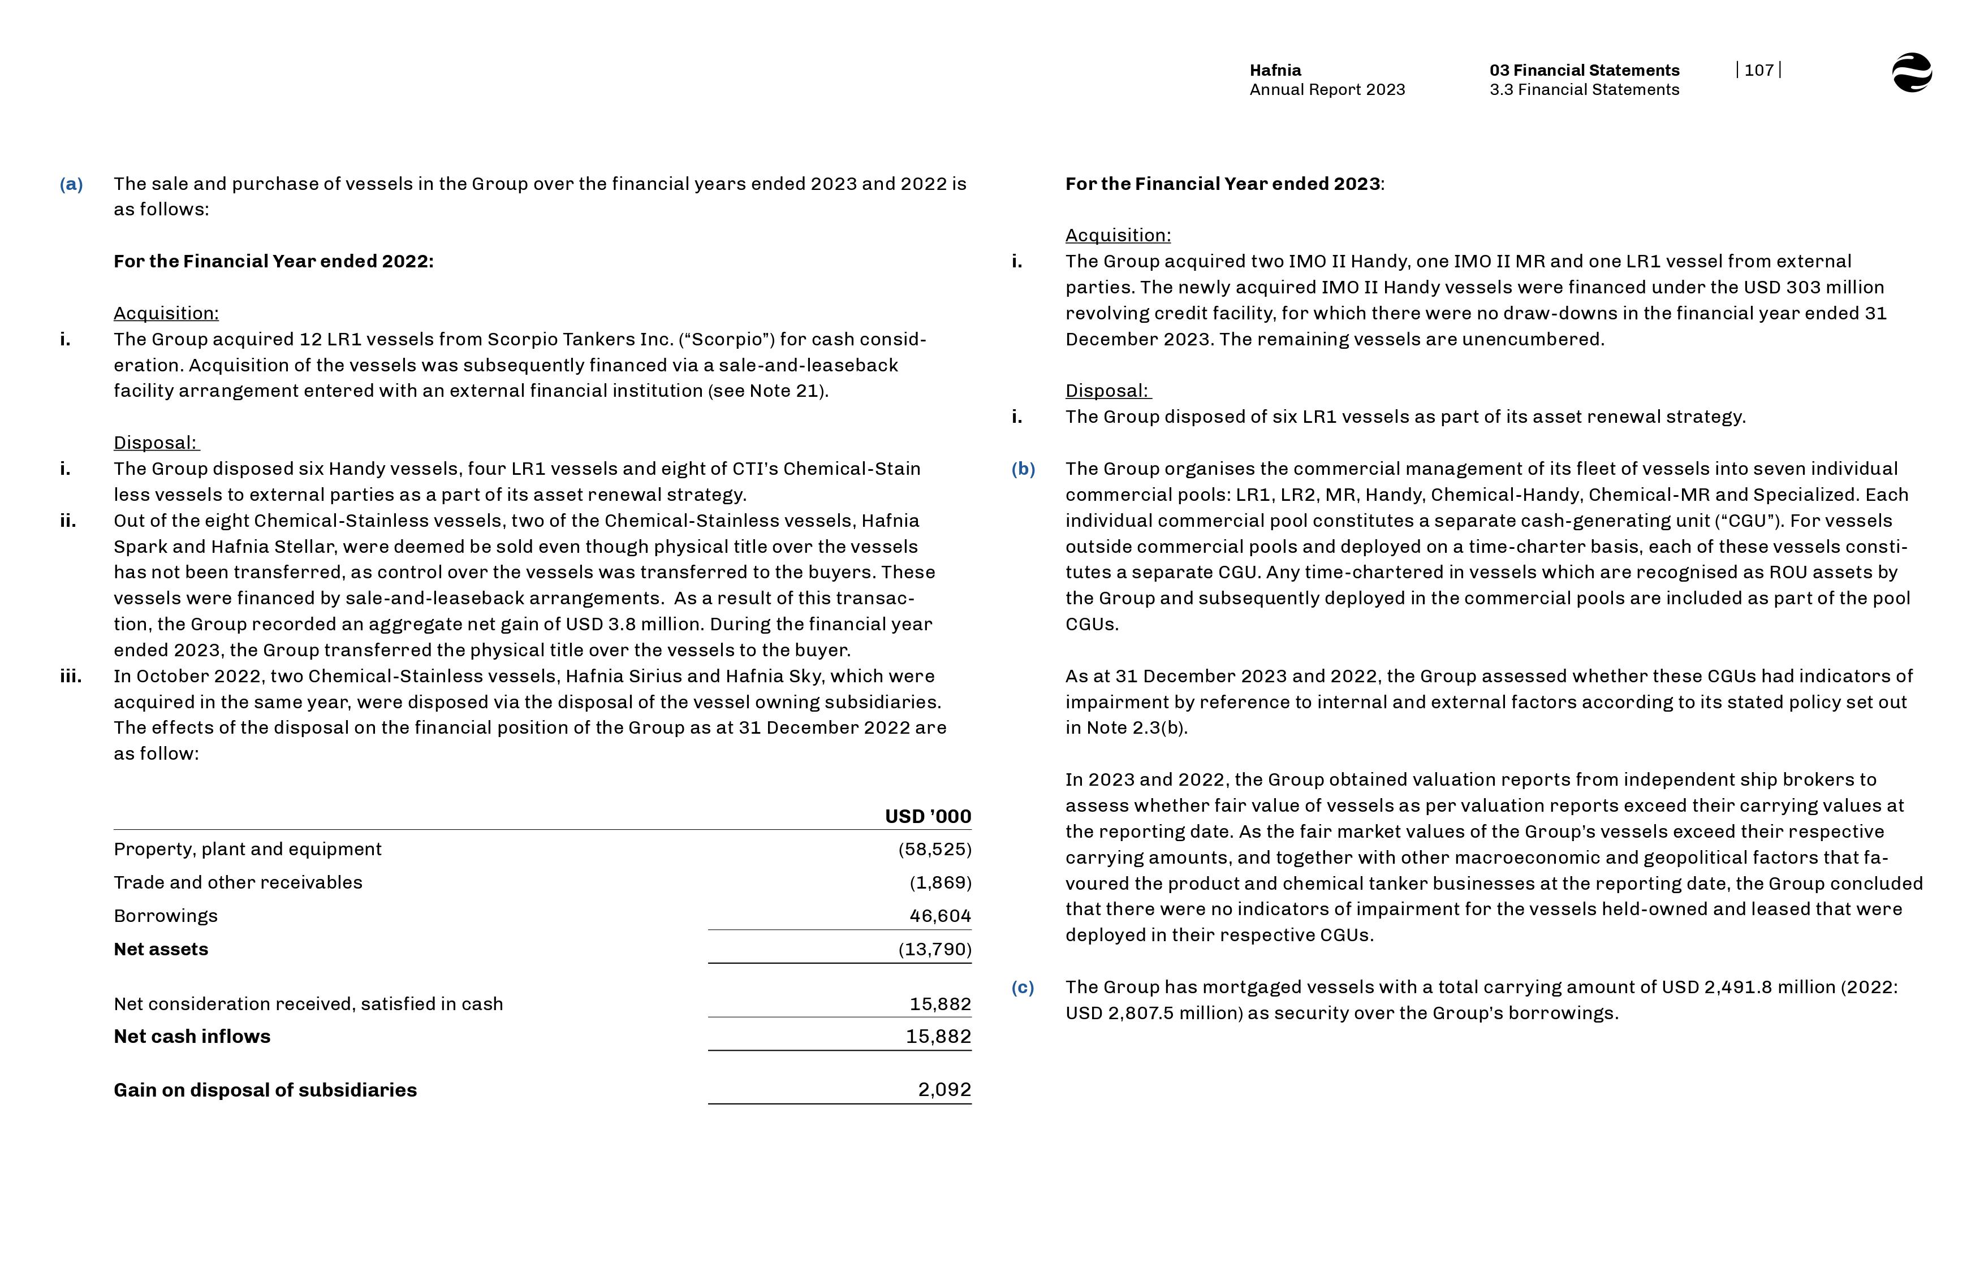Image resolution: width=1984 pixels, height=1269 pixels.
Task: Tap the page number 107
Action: pyautogui.click(x=1758, y=70)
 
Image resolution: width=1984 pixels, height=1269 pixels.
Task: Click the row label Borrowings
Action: pyautogui.click(x=166, y=916)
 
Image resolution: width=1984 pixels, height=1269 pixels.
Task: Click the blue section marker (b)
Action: pyautogui.click(x=1023, y=469)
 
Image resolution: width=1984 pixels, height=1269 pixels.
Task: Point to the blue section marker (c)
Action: pyautogui.click(x=1022, y=987)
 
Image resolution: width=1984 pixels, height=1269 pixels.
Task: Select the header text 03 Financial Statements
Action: pyautogui.click(x=1584, y=70)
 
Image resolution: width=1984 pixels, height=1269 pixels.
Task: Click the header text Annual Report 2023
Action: pyautogui.click(x=1326, y=90)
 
